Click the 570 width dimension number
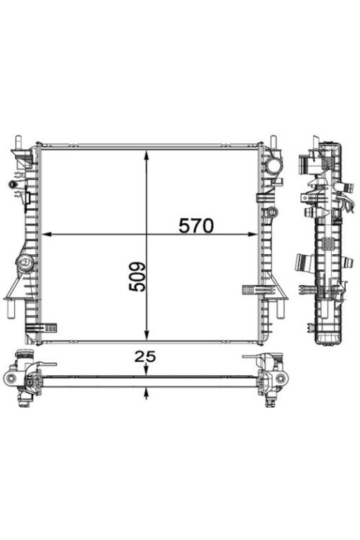(196, 226)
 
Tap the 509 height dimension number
(138, 277)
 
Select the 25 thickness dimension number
(145, 356)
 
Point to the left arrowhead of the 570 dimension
(47, 234)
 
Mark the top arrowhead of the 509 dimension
(147, 155)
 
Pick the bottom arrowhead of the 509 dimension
(147, 335)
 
